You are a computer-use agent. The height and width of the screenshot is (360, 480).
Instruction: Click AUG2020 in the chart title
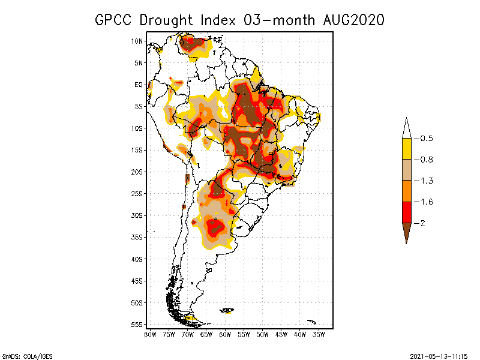click(352, 20)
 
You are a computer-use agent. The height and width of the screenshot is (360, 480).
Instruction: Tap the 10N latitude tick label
click(137, 41)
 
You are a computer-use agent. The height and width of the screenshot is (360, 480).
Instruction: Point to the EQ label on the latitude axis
click(139, 85)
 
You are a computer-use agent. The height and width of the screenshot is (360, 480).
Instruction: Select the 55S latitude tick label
click(137, 325)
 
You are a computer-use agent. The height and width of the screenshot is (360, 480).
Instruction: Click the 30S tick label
click(137, 215)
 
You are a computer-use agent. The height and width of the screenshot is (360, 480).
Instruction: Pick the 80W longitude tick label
click(151, 334)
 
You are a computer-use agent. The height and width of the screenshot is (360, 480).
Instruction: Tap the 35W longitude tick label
click(319, 334)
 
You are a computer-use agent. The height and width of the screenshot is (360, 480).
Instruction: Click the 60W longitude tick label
click(226, 334)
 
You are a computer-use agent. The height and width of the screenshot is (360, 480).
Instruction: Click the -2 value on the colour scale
click(424, 223)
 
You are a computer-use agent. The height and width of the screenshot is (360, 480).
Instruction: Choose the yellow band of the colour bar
click(406, 149)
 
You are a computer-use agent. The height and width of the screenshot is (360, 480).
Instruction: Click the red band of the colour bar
click(406, 212)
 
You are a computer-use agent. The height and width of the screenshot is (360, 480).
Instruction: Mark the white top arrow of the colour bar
click(406, 128)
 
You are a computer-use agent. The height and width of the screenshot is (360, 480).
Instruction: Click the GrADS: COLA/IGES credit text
click(27, 356)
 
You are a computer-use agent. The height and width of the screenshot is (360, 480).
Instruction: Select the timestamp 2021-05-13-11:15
click(439, 356)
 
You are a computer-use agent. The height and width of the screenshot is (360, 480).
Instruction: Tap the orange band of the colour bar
click(406, 191)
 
